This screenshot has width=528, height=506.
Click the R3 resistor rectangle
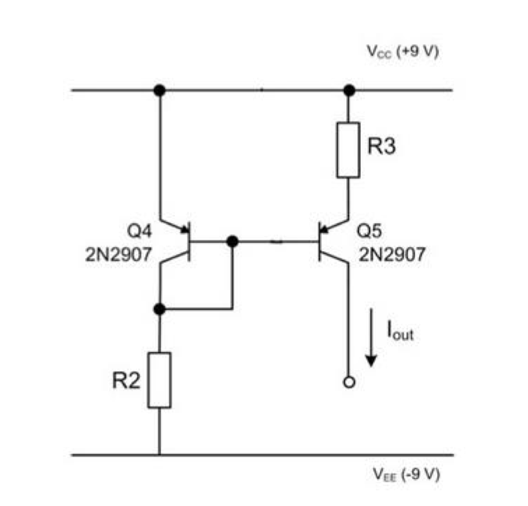pyautogui.click(x=348, y=150)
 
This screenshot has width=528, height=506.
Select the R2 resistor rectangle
pyautogui.click(x=160, y=379)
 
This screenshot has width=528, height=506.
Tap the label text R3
pyautogui.click(x=382, y=148)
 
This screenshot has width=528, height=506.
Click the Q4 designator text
pyautogui.click(x=140, y=232)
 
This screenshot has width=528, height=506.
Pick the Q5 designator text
pyautogui.click(x=370, y=232)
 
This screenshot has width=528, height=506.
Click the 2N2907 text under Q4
pyautogui.click(x=118, y=255)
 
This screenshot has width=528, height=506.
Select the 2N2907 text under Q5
pyautogui.click(x=392, y=255)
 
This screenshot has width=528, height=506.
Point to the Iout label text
pyautogui.click(x=400, y=331)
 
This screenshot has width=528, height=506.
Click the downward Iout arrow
pyautogui.click(x=372, y=337)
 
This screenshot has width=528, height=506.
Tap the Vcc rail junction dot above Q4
pyautogui.click(x=159, y=90)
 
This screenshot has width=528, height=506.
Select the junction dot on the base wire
pyautogui.click(x=232, y=241)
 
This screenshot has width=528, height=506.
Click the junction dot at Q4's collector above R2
pyautogui.click(x=159, y=309)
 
